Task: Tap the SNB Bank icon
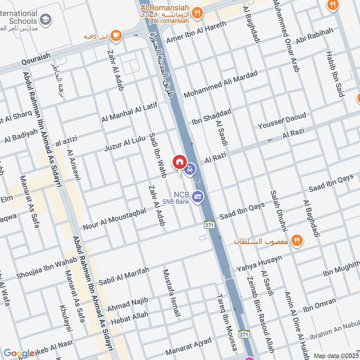[x=197, y=196]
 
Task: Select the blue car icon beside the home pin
[x=190, y=169]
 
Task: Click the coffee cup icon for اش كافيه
[x=116, y=35]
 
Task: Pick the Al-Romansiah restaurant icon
[x=197, y=13]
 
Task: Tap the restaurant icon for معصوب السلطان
[x=296, y=240]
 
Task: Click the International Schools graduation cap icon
[x=45, y=20]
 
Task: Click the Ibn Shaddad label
[x=211, y=117]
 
